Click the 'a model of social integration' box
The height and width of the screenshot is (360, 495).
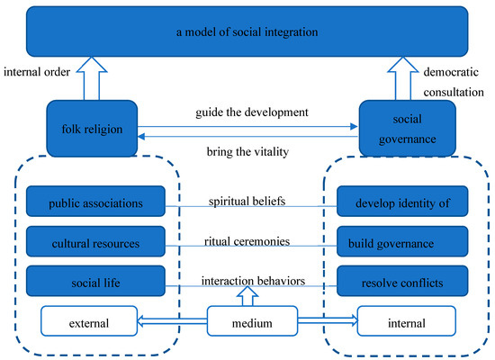point(247,33)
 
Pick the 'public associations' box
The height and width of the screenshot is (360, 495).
point(96,202)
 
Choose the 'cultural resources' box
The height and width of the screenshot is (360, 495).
point(96,242)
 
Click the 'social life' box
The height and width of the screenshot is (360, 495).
point(96,282)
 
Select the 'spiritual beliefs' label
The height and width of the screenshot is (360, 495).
point(247,201)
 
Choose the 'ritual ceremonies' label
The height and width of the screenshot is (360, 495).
point(247,240)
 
